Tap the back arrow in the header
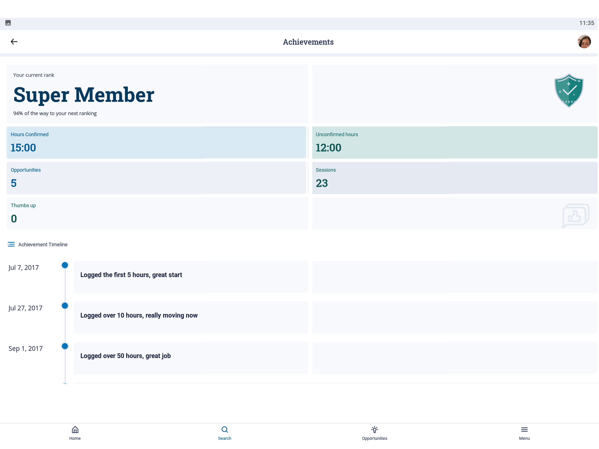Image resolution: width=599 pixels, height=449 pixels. click(14, 41)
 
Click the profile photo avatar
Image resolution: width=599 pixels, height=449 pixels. click(584, 41)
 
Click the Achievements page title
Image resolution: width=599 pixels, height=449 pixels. click(308, 42)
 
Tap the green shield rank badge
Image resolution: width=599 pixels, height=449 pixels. click(569, 91)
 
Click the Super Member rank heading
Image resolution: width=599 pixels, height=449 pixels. click(84, 95)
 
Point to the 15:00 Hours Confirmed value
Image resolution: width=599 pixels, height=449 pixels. click(23, 148)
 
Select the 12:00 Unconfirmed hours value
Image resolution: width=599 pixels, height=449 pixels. click(328, 148)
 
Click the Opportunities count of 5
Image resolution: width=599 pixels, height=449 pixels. click(14, 183)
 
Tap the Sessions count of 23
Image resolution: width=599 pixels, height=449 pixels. click(322, 183)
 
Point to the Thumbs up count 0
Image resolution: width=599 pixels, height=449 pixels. click(14, 219)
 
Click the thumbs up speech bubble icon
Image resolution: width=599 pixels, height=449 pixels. click(576, 216)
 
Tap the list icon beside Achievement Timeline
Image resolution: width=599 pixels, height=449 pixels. click(11, 244)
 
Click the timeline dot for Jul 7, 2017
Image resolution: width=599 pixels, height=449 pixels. click(65, 265)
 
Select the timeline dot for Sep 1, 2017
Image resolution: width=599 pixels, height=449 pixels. click(65, 346)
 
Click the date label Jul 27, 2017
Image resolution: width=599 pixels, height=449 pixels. click(25, 308)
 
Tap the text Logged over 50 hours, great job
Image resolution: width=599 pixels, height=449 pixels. click(125, 356)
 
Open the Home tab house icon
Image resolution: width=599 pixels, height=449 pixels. click(75, 429)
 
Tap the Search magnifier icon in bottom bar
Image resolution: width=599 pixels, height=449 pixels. click(225, 429)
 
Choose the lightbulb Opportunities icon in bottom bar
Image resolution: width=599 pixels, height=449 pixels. click(374, 429)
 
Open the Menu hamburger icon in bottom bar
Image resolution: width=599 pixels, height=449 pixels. click(524, 429)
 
